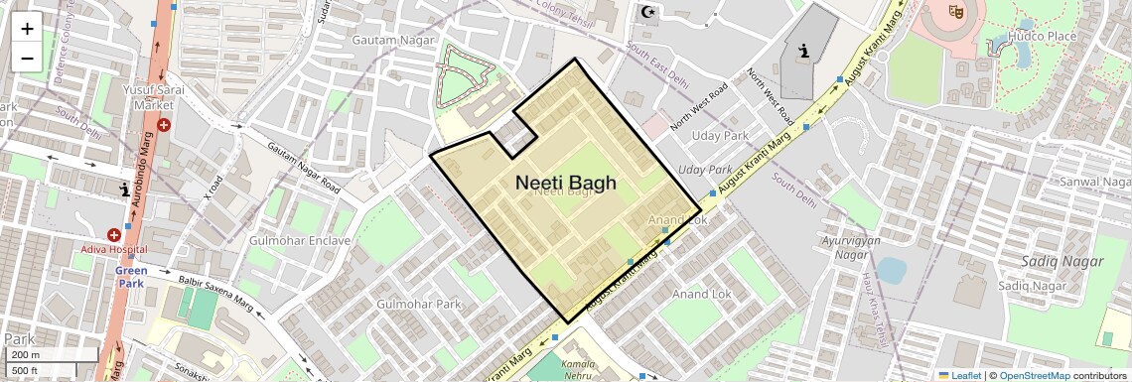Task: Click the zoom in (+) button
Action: tap(27, 29)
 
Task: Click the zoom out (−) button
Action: tap(27, 58)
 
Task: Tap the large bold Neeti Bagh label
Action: tap(566, 184)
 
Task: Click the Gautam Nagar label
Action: tap(392, 40)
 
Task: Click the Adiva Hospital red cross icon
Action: tap(114, 235)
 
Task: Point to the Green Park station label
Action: tap(131, 276)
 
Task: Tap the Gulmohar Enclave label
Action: tap(300, 241)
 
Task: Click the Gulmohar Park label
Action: tap(419, 304)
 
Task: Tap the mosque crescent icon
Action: tap(649, 12)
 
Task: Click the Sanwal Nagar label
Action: tap(1094, 183)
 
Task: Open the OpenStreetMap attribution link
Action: tap(1034, 376)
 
